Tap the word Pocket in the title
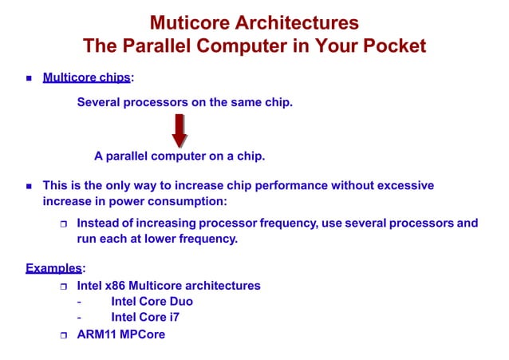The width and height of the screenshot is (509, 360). (393, 46)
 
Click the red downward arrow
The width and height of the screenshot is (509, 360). (180, 130)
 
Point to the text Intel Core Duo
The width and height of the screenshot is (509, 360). (152, 302)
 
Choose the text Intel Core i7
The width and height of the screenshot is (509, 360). (145, 318)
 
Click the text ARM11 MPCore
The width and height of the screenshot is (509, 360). (120, 334)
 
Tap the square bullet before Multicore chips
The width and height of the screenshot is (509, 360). (28, 78)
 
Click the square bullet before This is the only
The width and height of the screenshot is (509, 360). (28, 186)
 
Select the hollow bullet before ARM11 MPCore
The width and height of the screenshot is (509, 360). (65, 335)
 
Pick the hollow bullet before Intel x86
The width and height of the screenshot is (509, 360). (65, 286)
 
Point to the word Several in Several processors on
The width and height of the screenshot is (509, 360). (100, 102)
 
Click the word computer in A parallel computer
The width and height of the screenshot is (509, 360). (190, 156)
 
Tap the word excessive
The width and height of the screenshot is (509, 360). (404, 185)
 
